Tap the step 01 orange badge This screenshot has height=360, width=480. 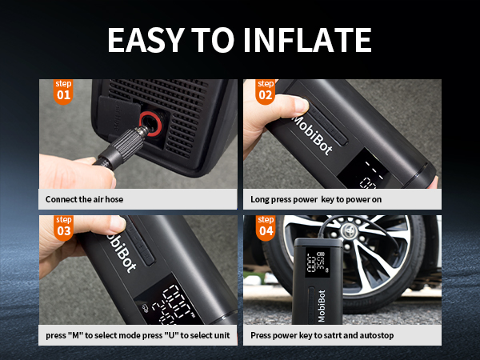click(x=63, y=91)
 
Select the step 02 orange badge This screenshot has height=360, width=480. click(x=266, y=91)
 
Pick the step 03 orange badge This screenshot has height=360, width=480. click(x=63, y=227)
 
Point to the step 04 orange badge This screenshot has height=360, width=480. click(x=266, y=227)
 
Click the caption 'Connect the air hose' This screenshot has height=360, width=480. click(x=85, y=199)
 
